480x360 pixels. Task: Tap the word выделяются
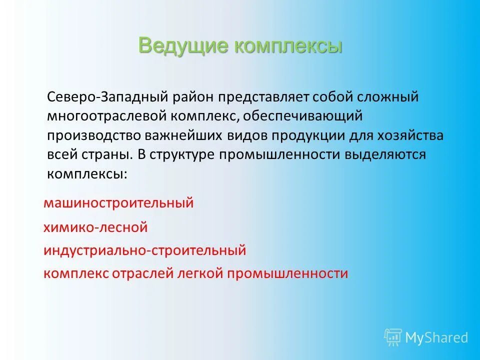click(x=384, y=154)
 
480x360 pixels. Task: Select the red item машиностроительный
click(x=118, y=203)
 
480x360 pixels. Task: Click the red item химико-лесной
click(x=95, y=227)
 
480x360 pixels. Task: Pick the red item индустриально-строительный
click(x=144, y=250)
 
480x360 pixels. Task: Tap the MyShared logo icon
click(x=393, y=337)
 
